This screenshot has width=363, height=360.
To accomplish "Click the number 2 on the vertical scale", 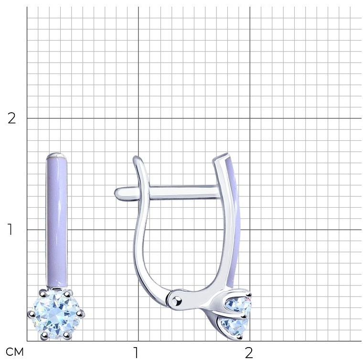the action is coord(11,118).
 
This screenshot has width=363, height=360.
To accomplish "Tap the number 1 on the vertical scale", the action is coord(10,230).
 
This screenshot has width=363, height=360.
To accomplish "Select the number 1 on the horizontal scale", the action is coord(136,352).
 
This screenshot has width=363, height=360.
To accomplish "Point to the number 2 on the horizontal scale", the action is coord(249,352).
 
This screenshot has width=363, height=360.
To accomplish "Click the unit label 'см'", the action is coord(15,352).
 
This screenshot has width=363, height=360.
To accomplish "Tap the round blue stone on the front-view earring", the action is coord(56,314).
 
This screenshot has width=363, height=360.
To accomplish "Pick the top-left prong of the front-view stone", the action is coord(43,294).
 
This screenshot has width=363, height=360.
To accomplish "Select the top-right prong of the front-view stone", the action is coord(67,294).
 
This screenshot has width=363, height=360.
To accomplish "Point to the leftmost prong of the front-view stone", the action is coord(32,314).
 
